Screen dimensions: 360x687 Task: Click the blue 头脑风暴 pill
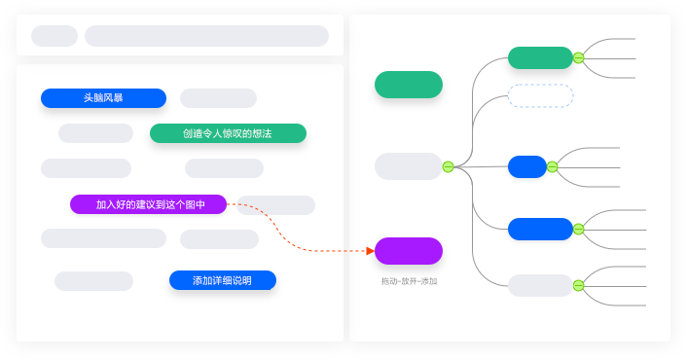click(x=103, y=98)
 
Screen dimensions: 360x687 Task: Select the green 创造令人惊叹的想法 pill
click(x=228, y=133)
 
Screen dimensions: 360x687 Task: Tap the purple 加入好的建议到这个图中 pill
click(x=148, y=204)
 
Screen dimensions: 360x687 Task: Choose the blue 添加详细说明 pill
click(x=222, y=280)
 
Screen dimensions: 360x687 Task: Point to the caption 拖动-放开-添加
click(x=409, y=281)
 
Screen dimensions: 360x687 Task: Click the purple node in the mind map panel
click(x=409, y=251)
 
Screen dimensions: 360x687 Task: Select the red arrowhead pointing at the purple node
click(x=370, y=251)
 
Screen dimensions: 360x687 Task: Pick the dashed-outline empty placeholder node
click(x=540, y=95)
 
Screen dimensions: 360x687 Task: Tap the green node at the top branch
click(x=540, y=57)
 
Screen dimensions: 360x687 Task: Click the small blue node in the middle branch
click(x=527, y=166)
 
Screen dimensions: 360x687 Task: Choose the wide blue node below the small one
click(x=540, y=229)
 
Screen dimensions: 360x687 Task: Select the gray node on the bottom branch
click(x=540, y=285)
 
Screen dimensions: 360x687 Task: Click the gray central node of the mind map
click(x=409, y=166)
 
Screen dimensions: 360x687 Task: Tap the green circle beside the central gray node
click(x=448, y=166)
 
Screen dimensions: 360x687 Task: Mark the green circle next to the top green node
click(x=578, y=57)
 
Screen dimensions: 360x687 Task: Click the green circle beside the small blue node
click(x=552, y=166)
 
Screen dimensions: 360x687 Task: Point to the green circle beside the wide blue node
click(x=578, y=229)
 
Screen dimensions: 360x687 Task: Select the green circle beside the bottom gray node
click(x=578, y=285)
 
